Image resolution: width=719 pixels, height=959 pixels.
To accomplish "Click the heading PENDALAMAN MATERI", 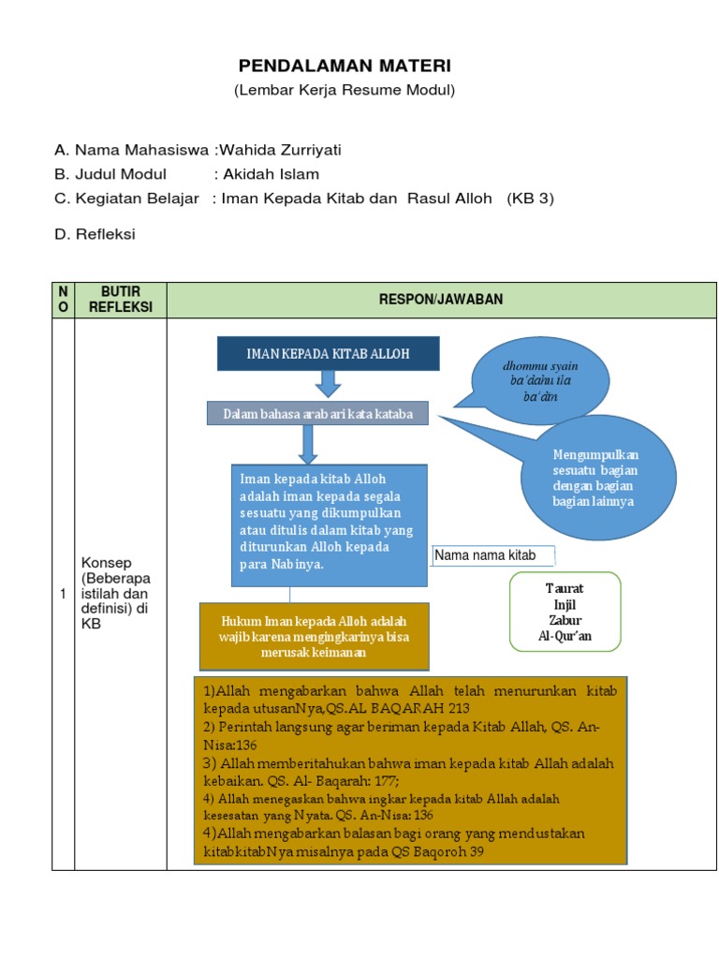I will [344, 66].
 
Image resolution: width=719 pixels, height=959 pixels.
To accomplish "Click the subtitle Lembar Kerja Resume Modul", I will [344, 90].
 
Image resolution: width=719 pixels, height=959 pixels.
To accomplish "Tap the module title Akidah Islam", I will [271, 174].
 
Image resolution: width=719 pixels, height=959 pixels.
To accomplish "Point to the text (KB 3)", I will [531, 199].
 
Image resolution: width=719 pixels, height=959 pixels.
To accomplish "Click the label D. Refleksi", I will [95, 234].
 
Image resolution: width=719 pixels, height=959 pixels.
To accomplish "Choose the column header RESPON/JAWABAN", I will [441, 300].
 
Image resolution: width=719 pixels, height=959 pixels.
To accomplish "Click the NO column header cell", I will [63, 300].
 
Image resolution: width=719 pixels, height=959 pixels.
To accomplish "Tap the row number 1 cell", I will [63, 594].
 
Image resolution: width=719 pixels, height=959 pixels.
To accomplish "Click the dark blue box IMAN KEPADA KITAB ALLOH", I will [328, 353].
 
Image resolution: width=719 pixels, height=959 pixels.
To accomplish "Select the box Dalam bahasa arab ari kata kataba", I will [317, 413].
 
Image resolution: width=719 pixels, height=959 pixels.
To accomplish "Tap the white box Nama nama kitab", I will [493, 555].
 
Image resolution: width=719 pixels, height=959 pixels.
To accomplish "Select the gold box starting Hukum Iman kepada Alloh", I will [314, 636].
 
